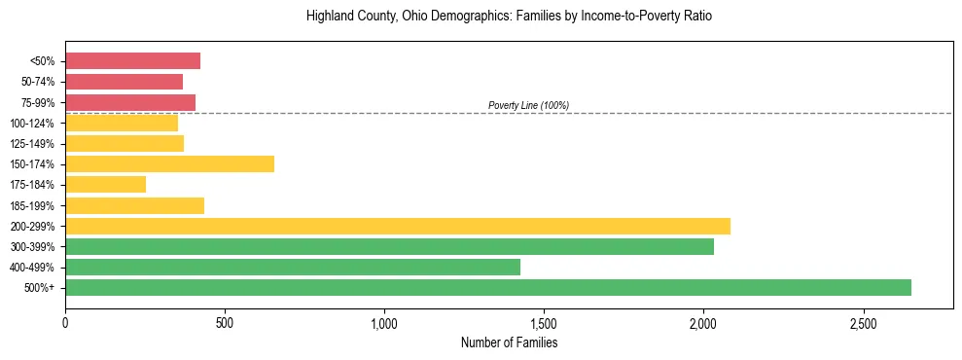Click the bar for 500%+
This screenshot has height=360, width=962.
487,287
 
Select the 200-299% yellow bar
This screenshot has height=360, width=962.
397,226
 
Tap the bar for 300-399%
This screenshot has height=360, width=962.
389,246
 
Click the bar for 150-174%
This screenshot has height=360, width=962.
169,163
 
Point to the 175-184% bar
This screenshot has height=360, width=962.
105,184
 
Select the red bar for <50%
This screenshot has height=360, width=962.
132,60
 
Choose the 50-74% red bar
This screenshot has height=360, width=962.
124,82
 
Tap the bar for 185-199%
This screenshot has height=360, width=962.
134,205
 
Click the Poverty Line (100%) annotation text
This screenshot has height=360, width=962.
528,105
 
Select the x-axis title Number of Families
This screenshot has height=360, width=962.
509,342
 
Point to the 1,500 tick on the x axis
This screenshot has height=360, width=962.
544,322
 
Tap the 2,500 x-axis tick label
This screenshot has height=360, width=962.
863,322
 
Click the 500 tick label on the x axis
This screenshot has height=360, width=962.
225,322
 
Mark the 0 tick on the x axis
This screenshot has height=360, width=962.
65,322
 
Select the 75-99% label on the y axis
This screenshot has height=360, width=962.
38,102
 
